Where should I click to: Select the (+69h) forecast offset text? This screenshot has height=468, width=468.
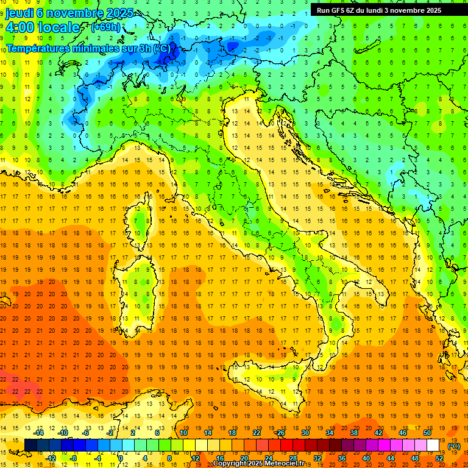click(x=105, y=27)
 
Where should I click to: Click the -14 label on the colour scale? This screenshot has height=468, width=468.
click(x=40, y=433)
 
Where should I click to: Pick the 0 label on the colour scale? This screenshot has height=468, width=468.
click(x=121, y=458)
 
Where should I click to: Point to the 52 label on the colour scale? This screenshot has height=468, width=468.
click(x=439, y=458)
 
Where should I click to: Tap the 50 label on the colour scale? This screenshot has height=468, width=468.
click(x=427, y=433)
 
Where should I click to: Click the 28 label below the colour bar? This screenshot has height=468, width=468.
click(x=293, y=458)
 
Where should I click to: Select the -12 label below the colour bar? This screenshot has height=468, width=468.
click(x=51, y=458)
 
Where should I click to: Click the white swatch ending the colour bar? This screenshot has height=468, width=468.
click(x=433, y=445)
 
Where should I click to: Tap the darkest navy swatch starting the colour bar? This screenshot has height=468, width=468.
click(x=30, y=445)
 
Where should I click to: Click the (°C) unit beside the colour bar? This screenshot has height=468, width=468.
click(x=454, y=445)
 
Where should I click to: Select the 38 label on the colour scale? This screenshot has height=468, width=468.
click(x=353, y=433)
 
